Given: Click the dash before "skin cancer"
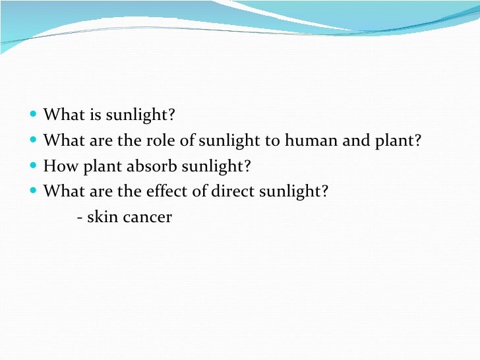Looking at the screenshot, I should pyautogui.click(x=80, y=218).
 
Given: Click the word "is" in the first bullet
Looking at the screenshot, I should pyautogui.click(x=96, y=116).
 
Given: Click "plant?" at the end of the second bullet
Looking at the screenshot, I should pyautogui.click(x=398, y=141).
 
